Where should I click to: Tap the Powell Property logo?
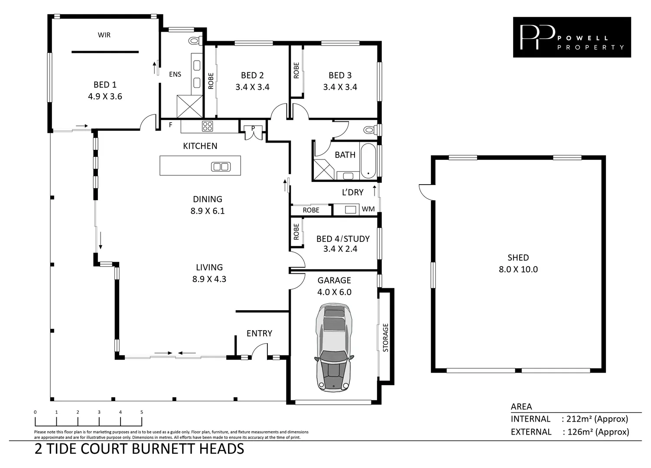tap(572, 37)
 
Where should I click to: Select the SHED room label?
tap(518, 257)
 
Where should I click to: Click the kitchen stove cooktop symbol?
tap(208, 126)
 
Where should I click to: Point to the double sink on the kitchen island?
tap(220, 166)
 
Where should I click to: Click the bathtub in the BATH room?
tap(368, 160)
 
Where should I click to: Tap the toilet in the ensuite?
tap(195, 41)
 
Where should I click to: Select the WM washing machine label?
tap(368, 209)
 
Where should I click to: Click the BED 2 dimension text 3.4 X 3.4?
tap(252, 87)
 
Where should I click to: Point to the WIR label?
tap(104, 35)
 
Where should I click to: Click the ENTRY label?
tap(259, 333)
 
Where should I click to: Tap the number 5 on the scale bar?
tap(142, 412)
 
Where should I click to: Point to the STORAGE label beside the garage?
tap(385, 337)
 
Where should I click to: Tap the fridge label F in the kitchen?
tap(170, 125)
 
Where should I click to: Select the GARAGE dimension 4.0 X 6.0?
tap(334, 292)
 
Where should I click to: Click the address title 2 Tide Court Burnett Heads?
tap(139, 448)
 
